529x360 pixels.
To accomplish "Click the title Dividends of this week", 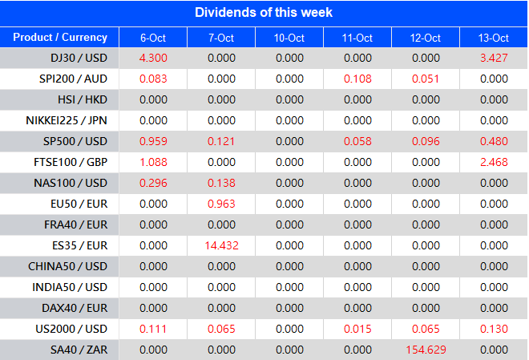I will coord(264,13).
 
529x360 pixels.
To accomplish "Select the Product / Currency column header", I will coord(60,38).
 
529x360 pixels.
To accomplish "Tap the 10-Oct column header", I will coord(289,38).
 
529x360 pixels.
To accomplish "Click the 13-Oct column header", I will coord(494,38).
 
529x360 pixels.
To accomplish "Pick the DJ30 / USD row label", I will coord(78,59).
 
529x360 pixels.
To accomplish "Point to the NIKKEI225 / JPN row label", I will coord(66,121).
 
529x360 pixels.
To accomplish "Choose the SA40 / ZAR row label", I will coord(78,350).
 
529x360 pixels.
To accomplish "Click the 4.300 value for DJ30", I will coord(153,59).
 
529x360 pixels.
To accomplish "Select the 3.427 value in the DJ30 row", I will coord(494,59).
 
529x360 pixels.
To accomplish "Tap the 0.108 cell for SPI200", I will coord(357,79).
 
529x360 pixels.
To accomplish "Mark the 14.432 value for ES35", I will coord(221,245).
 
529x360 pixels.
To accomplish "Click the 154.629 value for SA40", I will coord(426,350).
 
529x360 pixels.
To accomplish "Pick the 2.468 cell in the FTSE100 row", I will coord(494,163).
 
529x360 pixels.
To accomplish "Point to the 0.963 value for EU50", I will coord(221,204).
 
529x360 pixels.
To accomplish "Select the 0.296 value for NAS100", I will coord(153,184).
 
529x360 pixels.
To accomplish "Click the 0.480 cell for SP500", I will coord(494,142).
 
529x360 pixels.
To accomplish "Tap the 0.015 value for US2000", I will coord(357,329).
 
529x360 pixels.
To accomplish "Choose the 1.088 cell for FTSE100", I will coord(153,163).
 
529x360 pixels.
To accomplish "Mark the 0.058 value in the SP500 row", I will coord(357,142).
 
